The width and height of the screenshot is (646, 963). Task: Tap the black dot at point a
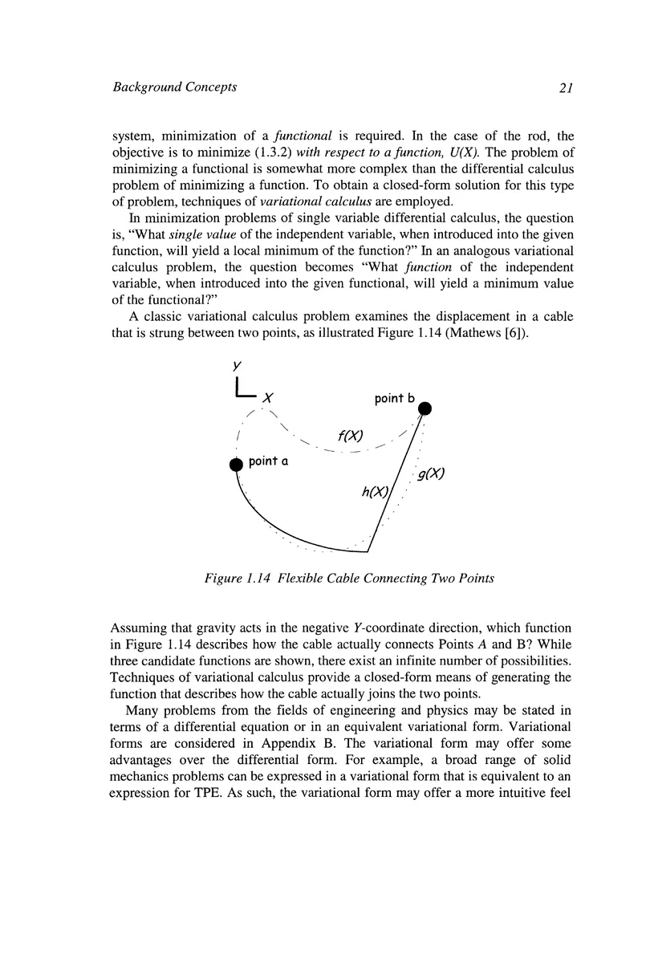pos(236,464)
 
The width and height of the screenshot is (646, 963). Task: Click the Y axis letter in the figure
pos(238,364)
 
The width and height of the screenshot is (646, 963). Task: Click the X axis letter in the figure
pos(269,397)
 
